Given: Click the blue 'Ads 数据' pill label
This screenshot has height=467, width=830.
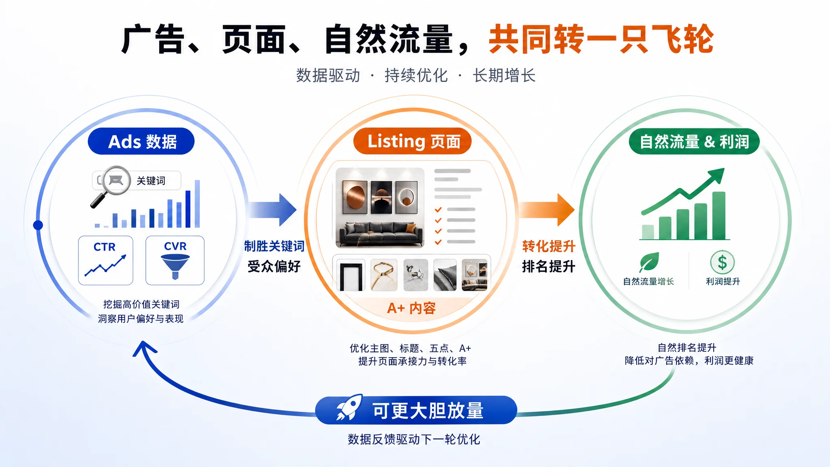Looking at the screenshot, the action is click(x=141, y=141).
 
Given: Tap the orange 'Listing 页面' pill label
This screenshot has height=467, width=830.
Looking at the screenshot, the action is click(x=413, y=141).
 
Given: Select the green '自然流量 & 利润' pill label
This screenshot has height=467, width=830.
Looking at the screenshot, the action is click(x=694, y=141).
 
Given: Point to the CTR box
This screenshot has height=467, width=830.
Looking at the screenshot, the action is click(x=106, y=260).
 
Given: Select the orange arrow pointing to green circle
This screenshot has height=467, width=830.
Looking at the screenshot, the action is click(x=547, y=210).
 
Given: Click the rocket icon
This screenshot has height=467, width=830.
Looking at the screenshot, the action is click(x=349, y=407).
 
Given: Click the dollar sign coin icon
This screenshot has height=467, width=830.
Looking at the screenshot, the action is click(x=722, y=262).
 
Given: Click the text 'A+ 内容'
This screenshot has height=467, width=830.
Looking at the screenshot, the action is click(x=411, y=308).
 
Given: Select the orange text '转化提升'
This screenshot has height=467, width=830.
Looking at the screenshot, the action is click(x=549, y=246).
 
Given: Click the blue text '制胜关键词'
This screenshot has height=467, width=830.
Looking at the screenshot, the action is click(x=274, y=246).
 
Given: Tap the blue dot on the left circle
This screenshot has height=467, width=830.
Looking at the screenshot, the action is click(x=38, y=225).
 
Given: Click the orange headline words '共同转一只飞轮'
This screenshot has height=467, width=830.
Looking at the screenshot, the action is click(x=601, y=39).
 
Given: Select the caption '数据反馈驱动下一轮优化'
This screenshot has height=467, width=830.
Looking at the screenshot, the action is click(x=414, y=439).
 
